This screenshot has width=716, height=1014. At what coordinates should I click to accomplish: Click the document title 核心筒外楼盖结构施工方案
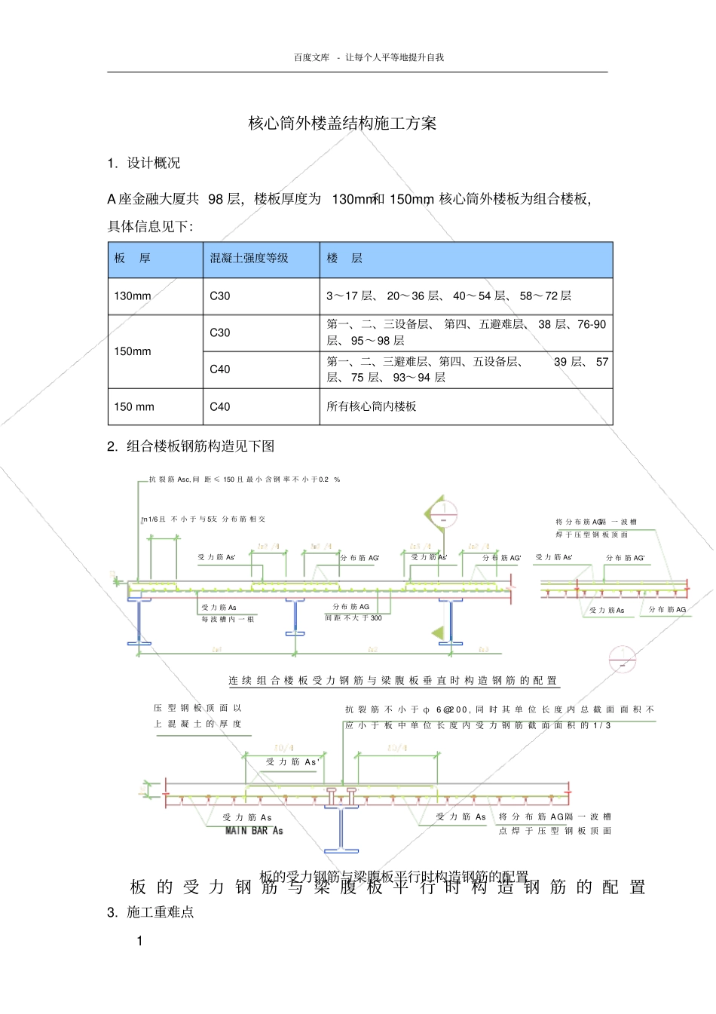click(342, 124)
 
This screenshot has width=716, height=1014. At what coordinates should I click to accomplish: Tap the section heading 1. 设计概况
click(144, 164)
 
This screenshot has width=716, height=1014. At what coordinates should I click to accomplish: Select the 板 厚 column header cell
click(133, 259)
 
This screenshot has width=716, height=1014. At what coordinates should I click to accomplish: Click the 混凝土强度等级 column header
click(249, 259)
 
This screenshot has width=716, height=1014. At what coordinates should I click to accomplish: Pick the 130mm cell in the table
click(133, 296)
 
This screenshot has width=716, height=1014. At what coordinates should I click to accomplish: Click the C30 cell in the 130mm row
click(220, 296)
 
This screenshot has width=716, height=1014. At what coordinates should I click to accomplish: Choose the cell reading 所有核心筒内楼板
click(371, 406)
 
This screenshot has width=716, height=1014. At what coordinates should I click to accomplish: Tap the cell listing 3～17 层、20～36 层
click(448, 296)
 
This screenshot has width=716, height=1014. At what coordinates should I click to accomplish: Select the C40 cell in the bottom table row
click(220, 406)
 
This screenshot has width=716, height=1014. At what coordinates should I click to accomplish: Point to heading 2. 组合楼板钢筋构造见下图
click(191, 446)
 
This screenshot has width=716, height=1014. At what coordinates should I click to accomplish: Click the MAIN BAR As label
click(254, 831)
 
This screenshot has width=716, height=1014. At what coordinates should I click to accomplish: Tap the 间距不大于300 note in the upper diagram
click(353, 618)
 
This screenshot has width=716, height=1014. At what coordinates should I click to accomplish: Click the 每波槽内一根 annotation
click(228, 619)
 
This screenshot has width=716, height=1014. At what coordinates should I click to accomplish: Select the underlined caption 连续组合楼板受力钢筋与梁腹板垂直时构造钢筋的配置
click(393, 681)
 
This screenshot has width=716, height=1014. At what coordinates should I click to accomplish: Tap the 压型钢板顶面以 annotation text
click(197, 709)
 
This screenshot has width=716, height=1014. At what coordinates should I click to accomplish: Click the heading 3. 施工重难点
click(151, 912)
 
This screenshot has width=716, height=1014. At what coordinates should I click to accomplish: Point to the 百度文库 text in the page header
click(311, 57)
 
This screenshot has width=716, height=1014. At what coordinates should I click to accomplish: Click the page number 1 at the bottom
click(139, 941)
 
